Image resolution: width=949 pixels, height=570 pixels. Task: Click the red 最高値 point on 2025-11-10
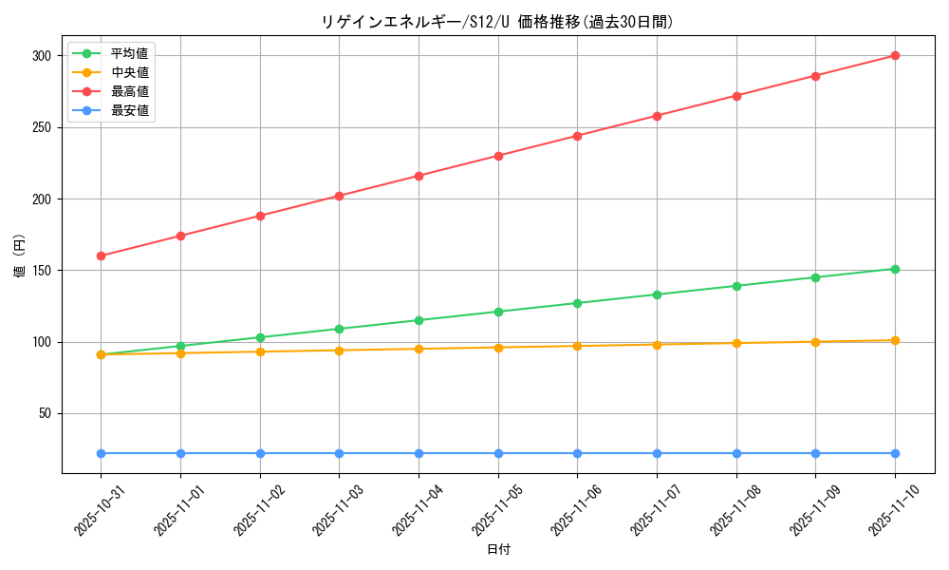(x=895, y=55)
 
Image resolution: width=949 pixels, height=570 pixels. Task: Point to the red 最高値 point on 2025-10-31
(x=101, y=256)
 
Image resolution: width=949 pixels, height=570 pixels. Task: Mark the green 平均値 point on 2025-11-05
(x=498, y=312)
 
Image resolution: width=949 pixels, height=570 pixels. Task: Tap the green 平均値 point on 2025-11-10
(x=895, y=269)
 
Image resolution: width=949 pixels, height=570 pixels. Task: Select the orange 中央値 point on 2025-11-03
(x=339, y=351)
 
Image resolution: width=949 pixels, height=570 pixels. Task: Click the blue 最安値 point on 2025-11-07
(x=657, y=453)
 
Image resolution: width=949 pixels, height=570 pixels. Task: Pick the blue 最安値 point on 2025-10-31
(x=101, y=453)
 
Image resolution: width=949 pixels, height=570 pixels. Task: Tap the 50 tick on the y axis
(x=43, y=413)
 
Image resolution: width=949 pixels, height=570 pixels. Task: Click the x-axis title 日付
(x=498, y=550)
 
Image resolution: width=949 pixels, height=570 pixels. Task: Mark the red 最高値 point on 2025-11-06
(x=577, y=136)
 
